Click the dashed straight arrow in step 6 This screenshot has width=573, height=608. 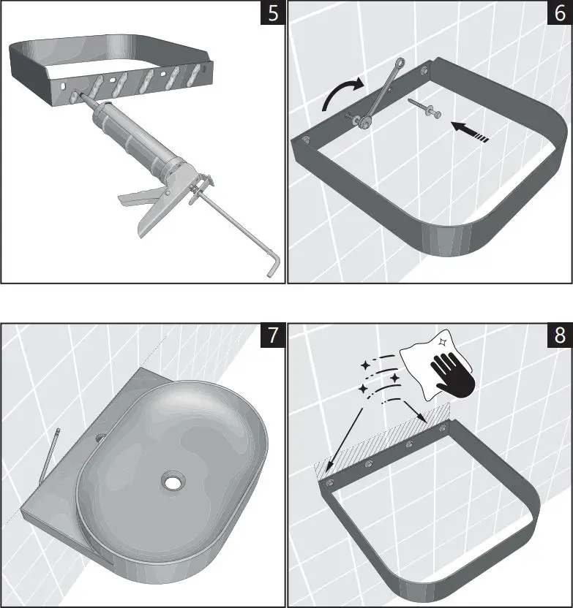coord(468,132)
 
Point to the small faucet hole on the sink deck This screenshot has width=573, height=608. coord(100,438)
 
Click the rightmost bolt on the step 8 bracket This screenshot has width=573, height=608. coord(442,428)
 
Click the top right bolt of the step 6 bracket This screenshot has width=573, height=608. coord(424,72)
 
